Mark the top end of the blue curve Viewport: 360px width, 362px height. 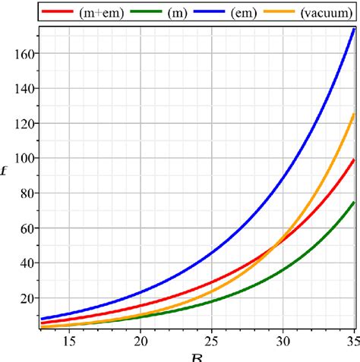pyautogui.click(x=354, y=30)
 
